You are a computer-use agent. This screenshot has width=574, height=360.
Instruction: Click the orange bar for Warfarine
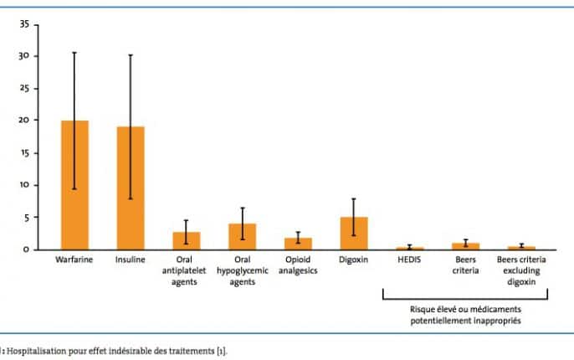coord(74,185)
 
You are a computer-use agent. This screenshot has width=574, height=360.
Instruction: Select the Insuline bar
coord(131,188)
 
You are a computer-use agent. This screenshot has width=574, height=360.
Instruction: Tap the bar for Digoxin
coord(354,233)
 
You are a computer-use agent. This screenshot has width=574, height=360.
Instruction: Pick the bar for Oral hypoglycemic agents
coord(242,236)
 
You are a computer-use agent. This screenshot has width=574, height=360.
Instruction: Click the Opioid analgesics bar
coord(298,244)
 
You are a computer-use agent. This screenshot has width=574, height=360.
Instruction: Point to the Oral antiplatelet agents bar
coord(186,240)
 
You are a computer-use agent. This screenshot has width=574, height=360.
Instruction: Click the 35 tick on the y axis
coord(24,24)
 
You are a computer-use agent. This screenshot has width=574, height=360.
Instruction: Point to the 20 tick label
coord(24,121)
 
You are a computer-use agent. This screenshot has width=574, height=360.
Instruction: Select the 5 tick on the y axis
coord(27,217)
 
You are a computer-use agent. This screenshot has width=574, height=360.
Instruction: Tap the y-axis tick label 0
coord(27,249)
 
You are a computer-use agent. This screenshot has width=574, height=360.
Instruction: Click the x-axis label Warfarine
coord(74,259)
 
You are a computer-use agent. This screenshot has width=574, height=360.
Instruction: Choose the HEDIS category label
coord(410,259)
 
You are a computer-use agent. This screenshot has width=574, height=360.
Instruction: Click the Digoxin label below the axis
coord(354,259)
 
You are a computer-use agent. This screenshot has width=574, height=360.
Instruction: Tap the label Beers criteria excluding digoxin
coord(521,270)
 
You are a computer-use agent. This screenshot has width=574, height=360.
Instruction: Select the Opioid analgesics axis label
coord(298,265)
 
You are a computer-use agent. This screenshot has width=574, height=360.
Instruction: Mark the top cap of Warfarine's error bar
coord(74,53)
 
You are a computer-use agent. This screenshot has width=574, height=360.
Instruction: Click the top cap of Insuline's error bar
coord(131,55)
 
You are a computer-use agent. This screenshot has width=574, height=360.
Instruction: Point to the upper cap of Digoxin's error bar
coord(354,198)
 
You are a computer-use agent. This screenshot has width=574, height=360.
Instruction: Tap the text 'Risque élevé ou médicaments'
coord(464,309)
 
